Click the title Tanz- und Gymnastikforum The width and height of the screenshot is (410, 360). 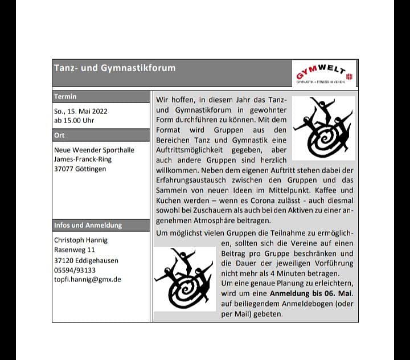pos(114,68)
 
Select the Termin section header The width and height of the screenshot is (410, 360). pos(65,97)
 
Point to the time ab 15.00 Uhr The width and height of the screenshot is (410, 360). pos(74,121)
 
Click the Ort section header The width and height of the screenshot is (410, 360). pos(59,136)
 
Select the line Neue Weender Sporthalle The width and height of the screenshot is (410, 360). pos(94,150)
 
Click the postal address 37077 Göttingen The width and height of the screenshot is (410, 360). pos(80,169)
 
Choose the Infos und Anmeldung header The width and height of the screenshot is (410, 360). pos(88,225)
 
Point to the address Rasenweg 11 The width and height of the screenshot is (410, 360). pos(74,250)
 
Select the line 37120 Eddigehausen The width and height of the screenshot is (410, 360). pos(86,260)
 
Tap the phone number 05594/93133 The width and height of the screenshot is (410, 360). pos(75,270)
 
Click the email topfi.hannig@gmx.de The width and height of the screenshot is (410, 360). pos(87,280)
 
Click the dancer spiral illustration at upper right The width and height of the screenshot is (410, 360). pos(323,127)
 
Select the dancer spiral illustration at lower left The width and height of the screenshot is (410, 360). pos(183,277)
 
